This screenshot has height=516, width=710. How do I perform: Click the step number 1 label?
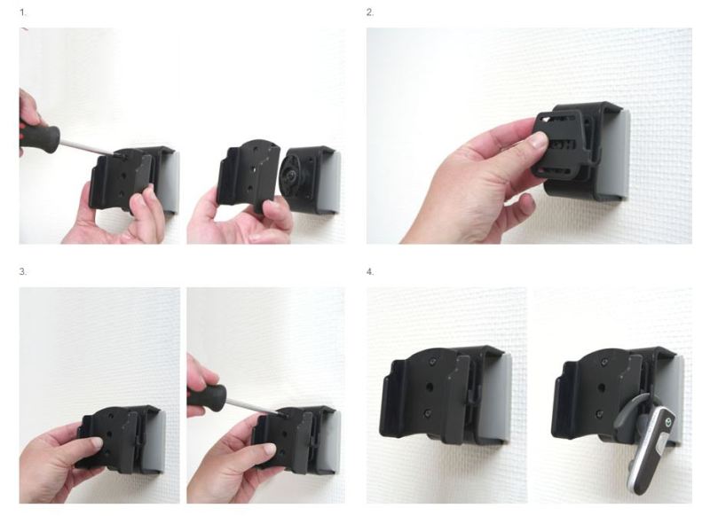point(23,12)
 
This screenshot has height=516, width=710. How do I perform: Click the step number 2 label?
point(370,12)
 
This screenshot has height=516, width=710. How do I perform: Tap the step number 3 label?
point(23,272)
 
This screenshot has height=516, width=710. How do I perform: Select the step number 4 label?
point(370,272)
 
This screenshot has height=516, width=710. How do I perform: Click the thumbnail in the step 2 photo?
point(538,141)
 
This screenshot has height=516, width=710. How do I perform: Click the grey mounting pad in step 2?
point(617,153)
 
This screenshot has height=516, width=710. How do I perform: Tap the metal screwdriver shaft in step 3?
point(252,405)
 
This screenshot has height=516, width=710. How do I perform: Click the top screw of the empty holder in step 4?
point(433,362)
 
